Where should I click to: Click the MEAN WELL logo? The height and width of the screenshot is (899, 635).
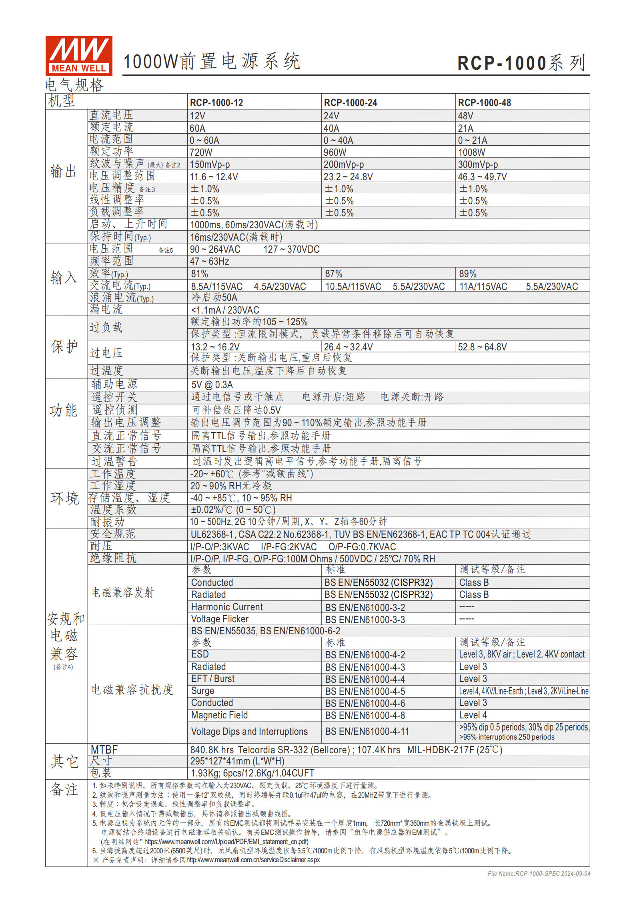pyautogui.click(x=79, y=56)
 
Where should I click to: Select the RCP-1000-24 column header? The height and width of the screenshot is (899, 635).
pyautogui.click(x=350, y=103)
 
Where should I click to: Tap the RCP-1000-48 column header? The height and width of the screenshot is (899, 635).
pyautogui.click(x=484, y=103)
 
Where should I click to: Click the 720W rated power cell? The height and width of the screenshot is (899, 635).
pyautogui.click(x=201, y=152)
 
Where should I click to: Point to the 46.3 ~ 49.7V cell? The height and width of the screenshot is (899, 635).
pyautogui.click(x=482, y=177)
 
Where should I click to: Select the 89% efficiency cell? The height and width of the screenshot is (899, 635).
pyautogui.click(x=467, y=274)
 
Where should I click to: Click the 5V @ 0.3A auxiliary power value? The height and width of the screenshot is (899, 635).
pyautogui.click(x=212, y=385)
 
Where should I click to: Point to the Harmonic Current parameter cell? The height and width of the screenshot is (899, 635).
pyautogui.click(x=227, y=607)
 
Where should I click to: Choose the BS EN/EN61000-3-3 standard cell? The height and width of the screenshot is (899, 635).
pyautogui.click(x=365, y=619)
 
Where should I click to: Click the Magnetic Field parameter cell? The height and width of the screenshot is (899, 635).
pyautogui.click(x=219, y=715)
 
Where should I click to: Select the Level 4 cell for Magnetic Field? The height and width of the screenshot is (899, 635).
pyautogui.click(x=473, y=715)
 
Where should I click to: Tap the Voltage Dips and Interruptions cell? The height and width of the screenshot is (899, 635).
pyautogui.click(x=249, y=732)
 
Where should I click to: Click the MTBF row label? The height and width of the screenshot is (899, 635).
pyautogui.click(x=104, y=750)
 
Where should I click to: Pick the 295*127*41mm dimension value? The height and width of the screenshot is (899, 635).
pyautogui.click(x=237, y=761)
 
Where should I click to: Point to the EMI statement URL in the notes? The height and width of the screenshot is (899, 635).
pyautogui.click(x=226, y=842)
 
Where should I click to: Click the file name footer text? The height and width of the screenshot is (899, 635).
pyautogui.click(x=539, y=873)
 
